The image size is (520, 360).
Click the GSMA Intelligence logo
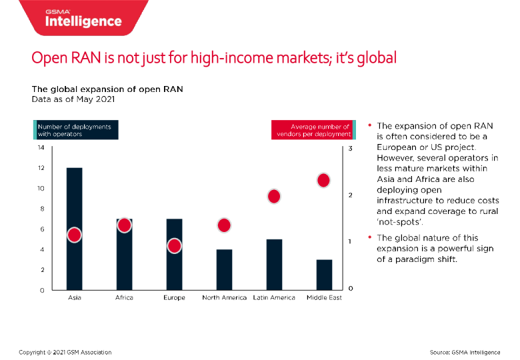(83, 18)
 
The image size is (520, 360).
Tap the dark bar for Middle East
(324, 275)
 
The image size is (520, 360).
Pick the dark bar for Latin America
(274, 265)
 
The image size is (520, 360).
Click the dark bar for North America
(224, 270)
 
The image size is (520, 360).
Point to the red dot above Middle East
(324, 180)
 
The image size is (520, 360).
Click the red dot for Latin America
(274, 196)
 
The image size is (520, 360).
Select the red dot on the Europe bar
(174, 246)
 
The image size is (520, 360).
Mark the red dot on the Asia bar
(74, 235)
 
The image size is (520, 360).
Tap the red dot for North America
(224, 225)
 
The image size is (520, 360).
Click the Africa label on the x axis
(124, 297)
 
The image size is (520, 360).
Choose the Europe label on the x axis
(174, 297)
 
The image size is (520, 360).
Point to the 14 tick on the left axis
(41, 147)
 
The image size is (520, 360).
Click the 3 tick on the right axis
(351, 148)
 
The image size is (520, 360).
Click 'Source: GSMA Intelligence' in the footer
(465, 351)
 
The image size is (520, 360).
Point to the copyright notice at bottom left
(65, 351)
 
